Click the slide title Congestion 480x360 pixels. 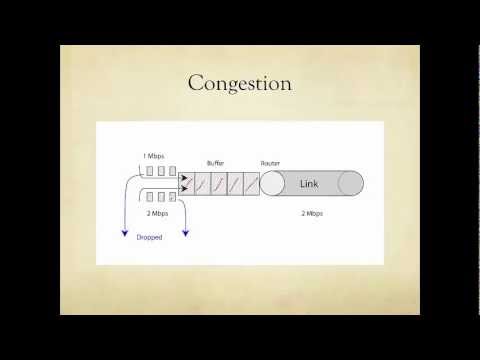[x=239, y=83]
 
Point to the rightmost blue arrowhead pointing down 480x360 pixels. [x=185, y=235]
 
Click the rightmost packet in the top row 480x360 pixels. [x=172, y=172]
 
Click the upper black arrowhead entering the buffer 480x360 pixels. [x=183, y=178]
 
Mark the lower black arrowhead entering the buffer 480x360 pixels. [x=183, y=189]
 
